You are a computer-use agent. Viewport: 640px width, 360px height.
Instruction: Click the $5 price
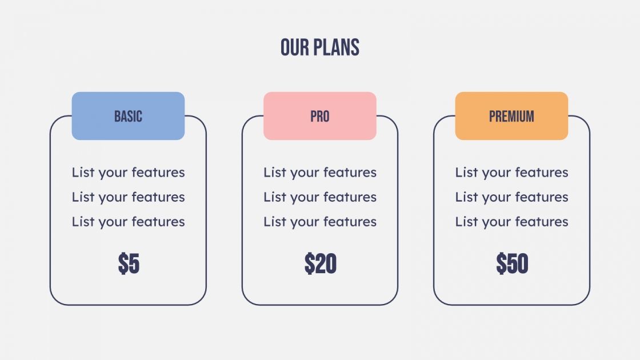129,264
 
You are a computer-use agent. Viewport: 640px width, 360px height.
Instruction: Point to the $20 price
320,264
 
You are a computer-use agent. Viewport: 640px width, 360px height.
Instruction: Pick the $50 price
512,264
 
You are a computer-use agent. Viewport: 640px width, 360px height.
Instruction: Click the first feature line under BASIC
128,173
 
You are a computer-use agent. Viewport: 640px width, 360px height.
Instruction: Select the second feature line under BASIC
128,197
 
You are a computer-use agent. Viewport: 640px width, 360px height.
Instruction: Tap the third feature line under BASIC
128,222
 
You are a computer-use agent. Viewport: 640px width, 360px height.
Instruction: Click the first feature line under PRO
320,173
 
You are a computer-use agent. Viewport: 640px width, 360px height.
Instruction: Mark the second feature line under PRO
320,197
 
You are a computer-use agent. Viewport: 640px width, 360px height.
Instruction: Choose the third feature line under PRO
320,222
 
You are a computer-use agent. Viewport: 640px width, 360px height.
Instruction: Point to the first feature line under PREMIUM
511,173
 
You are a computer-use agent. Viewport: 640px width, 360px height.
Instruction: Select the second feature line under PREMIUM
511,197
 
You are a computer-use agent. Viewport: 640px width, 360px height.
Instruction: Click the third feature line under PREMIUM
511,222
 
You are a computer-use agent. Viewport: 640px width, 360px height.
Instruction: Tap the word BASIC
128,117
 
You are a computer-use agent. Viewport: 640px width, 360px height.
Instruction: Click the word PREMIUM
511,117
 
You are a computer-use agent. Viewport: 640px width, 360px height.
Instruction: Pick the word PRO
320,117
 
